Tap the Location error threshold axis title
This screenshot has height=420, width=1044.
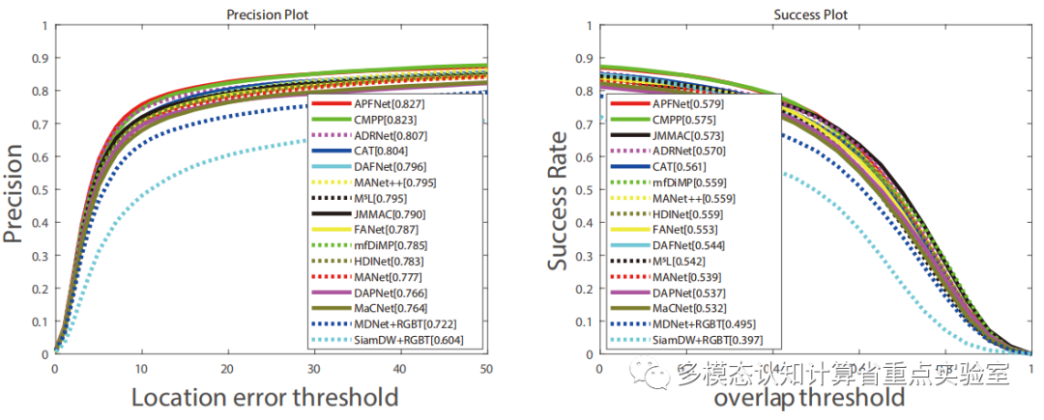coord(263,396)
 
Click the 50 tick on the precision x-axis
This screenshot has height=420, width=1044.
coord(486,368)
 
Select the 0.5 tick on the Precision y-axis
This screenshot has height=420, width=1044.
coord(40,189)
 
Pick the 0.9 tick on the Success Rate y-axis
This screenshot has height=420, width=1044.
coord(583,58)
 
